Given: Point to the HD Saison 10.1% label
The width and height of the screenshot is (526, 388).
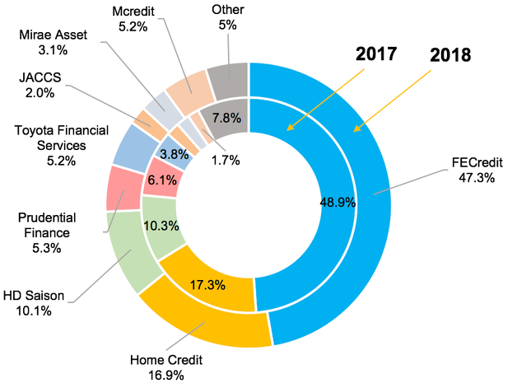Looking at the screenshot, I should [44, 303].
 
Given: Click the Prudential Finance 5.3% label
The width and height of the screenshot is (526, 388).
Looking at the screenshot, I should [48, 231].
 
